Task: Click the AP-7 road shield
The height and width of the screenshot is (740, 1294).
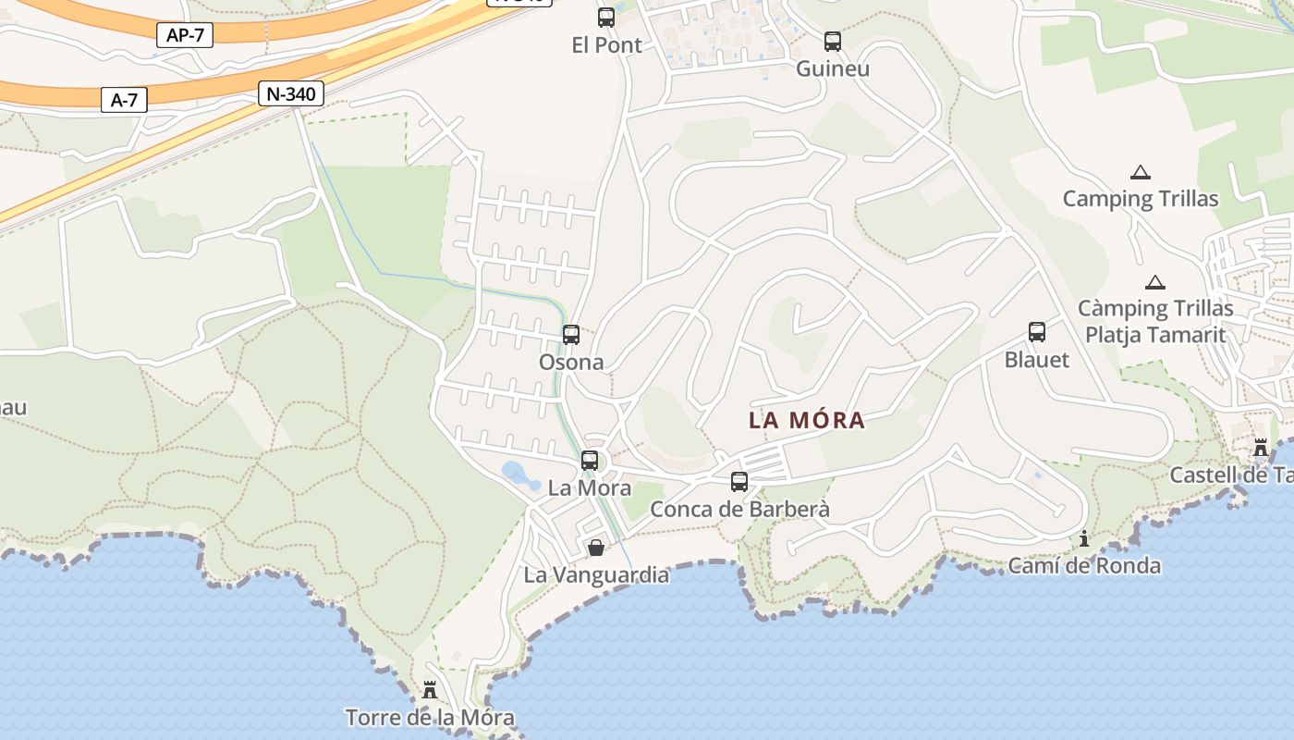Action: [186, 35]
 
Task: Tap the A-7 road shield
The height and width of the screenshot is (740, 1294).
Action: [124, 100]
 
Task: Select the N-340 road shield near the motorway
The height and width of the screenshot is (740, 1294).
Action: [291, 93]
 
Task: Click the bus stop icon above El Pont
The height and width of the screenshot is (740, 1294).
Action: [606, 17]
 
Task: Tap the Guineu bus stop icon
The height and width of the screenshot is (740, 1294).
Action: [833, 42]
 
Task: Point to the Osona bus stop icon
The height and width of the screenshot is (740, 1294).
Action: [571, 335]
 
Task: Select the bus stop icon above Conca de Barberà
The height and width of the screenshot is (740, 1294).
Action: [739, 482]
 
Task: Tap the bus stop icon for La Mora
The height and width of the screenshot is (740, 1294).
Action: [590, 461]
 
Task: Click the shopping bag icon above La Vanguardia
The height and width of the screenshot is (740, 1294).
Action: [596, 548]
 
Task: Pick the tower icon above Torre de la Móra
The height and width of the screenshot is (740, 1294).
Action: [430, 690]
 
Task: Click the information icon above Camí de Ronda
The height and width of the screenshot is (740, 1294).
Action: [1084, 538]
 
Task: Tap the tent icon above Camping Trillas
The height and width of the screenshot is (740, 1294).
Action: [1141, 172]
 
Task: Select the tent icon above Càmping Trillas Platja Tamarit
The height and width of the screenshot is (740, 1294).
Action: [1154, 282]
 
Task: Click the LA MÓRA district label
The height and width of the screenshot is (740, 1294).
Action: [807, 421]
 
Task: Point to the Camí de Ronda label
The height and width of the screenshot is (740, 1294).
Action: [1084, 565]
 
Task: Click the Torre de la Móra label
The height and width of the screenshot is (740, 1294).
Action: [430, 717]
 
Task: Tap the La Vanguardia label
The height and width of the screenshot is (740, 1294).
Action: [596, 574]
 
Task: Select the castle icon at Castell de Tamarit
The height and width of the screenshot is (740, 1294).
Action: [1261, 449]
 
